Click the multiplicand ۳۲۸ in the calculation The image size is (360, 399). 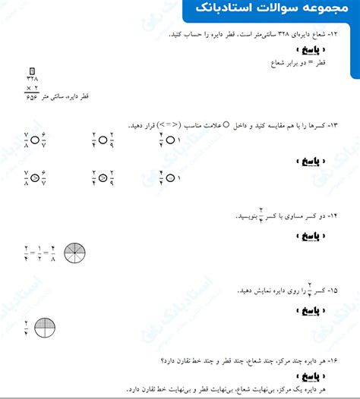tap(32, 78)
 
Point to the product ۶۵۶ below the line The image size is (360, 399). tap(32, 97)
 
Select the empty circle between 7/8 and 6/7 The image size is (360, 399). tap(32, 140)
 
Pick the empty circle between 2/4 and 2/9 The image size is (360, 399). tap(103, 140)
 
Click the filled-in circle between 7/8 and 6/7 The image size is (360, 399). tap(32, 178)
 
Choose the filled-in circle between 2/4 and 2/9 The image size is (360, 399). tap(103, 178)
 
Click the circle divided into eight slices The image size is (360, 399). tap(76, 253)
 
